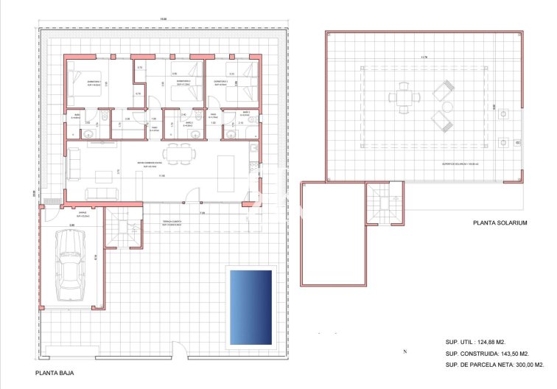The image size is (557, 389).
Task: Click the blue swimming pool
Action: (x=251, y=306)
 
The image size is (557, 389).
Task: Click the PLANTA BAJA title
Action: (x=55, y=373)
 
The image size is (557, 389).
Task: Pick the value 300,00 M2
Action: (x=528, y=364)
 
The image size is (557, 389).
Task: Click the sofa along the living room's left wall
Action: (x=74, y=164)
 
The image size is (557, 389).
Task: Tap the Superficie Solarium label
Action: (x=458, y=164)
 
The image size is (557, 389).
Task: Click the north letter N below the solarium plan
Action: (x=404, y=352)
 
